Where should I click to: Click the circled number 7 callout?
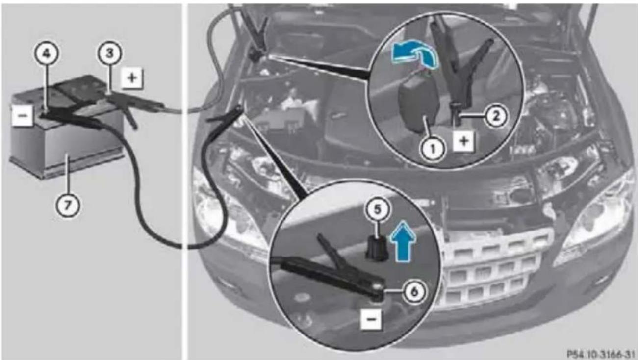coord(67,205)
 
